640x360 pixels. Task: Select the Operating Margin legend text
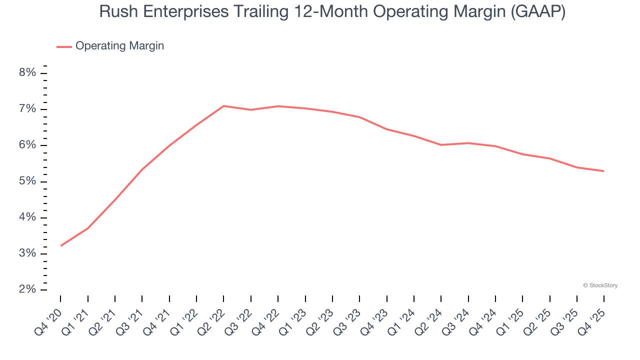click(119, 46)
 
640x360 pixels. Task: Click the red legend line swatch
click(64, 46)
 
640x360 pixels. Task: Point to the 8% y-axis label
click(28, 73)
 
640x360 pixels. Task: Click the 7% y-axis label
click(28, 109)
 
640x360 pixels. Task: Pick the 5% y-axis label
click(28, 181)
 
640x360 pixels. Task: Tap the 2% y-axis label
click(28, 289)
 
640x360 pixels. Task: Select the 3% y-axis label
click(28, 253)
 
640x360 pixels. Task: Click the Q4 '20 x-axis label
click(49, 321)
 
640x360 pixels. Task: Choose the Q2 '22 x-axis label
click(212, 321)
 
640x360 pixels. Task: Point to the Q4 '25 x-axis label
click(592, 321)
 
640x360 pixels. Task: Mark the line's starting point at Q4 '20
click(61, 245)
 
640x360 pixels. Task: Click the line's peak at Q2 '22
click(223, 106)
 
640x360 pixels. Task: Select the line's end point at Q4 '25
click(603, 171)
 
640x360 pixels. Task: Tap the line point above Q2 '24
click(441, 145)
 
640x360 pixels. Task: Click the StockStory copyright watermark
click(600, 285)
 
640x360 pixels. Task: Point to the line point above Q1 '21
click(88, 228)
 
